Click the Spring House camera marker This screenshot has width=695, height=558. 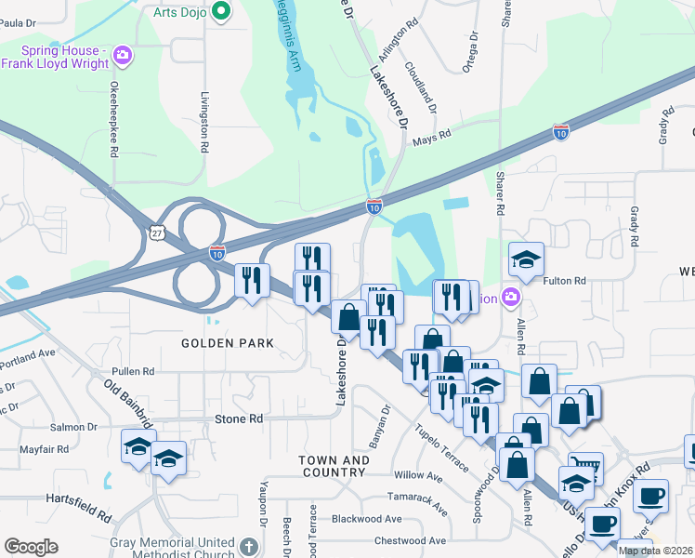pos(122,57)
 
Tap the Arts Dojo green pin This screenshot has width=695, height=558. pos(220,11)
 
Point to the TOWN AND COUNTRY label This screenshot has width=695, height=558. pos(334,466)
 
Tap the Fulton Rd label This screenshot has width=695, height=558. pos(564,281)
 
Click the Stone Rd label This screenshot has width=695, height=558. pos(239,419)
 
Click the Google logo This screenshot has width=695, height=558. pos(32,547)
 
